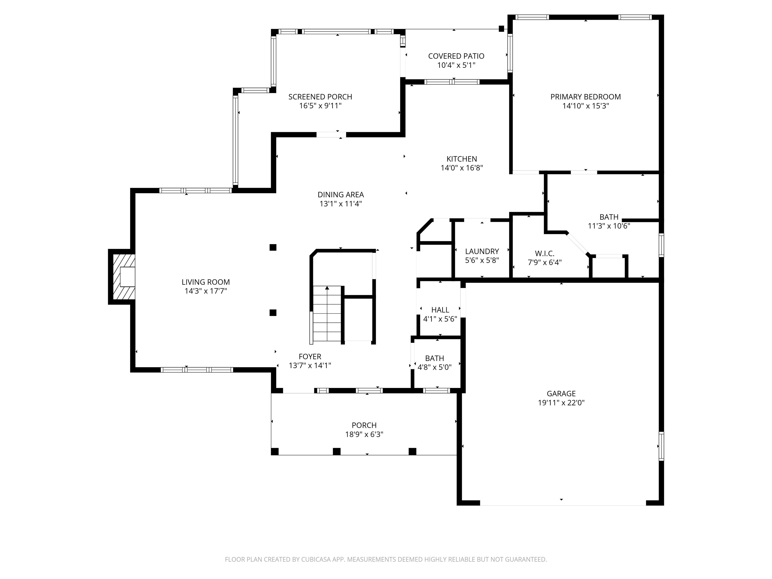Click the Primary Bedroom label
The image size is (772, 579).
[586, 97]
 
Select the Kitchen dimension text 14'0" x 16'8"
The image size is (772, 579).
[462, 168]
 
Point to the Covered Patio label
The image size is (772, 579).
[456, 56]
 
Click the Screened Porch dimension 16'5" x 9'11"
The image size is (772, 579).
[320, 106]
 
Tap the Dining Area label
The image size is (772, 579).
[341, 195]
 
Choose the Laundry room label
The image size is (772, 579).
[482, 251]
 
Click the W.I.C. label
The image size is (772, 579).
[545, 253]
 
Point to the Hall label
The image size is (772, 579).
[440, 310]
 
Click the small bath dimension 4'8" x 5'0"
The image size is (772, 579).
[435, 367]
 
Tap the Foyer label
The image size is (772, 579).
[310, 357]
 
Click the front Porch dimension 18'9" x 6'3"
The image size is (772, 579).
[364, 435]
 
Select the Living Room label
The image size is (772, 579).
[206, 282]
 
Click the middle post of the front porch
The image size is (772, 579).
[336, 452]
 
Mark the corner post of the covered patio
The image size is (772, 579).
[502, 29]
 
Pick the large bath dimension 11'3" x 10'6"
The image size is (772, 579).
[609, 226]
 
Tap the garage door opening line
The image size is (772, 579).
[563, 505]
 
